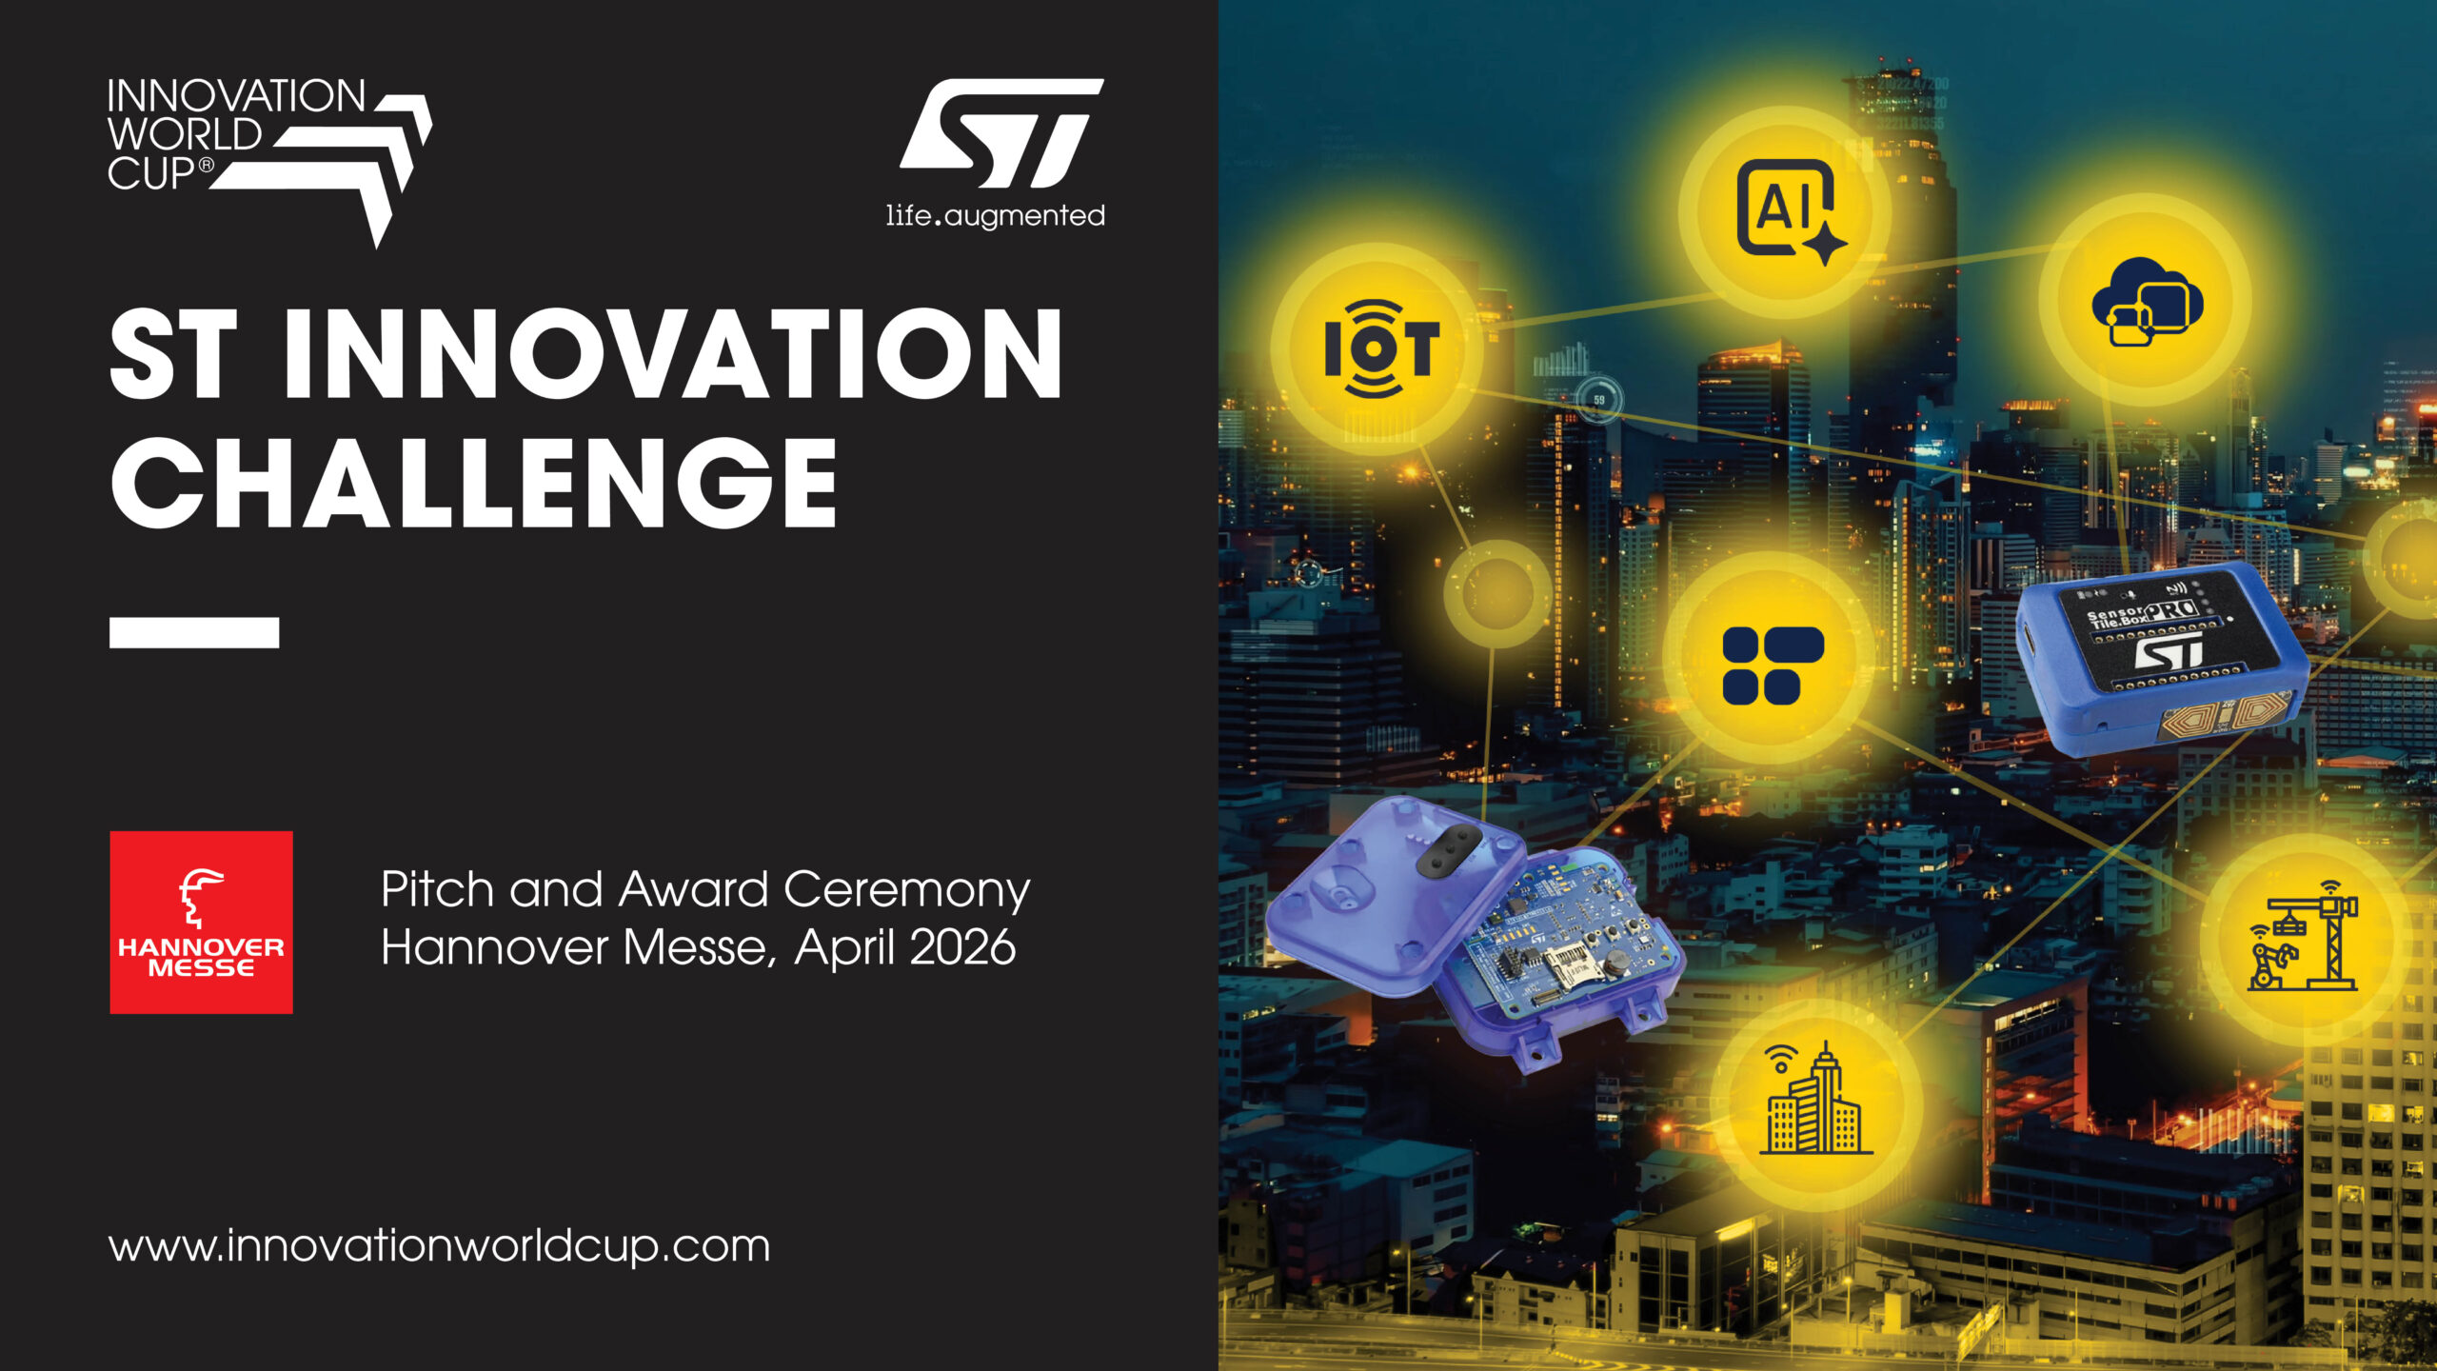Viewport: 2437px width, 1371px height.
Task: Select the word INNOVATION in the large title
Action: [672, 353]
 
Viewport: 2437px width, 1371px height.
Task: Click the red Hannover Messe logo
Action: [201, 922]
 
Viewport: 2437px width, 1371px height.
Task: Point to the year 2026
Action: [962, 947]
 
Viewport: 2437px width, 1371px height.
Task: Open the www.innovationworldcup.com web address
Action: [439, 1245]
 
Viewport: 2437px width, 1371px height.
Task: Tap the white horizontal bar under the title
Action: [194, 633]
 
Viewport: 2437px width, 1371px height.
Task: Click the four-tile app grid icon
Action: [1773, 666]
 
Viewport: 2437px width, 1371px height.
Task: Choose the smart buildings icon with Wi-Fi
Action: [1814, 1099]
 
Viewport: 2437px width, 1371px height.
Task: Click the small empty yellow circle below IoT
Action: [1497, 592]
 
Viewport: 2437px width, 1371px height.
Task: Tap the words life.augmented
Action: [996, 216]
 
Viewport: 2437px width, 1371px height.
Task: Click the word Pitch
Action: [438, 889]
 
